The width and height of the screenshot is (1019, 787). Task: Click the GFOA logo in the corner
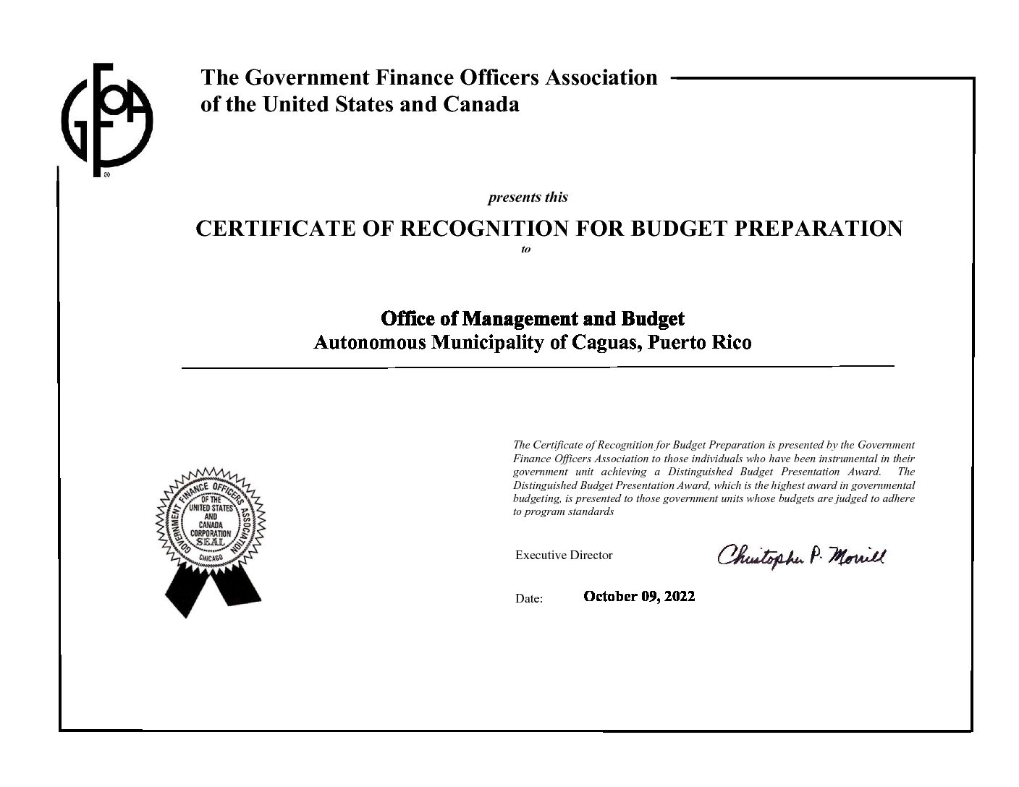coord(106,119)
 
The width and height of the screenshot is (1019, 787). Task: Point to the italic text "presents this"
coord(528,197)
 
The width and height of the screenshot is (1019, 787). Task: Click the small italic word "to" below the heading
coord(526,250)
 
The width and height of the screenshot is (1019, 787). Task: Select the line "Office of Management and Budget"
coord(532,318)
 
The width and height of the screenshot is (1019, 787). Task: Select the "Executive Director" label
coord(564,556)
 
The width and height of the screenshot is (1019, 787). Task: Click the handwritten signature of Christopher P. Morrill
coord(800,556)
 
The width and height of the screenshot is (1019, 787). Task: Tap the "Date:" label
coord(528,599)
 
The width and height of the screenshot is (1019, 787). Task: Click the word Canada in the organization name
coord(481,104)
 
